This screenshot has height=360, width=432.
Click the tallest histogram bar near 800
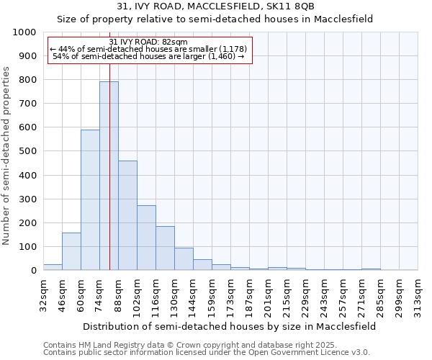point(109,176)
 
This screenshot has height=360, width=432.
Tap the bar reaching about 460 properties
point(127,215)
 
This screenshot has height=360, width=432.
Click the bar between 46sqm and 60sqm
point(71,251)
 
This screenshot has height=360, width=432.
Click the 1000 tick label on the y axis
point(24,32)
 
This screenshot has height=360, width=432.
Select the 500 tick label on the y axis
point(27,151)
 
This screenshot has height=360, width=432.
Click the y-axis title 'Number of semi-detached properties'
point(7,156)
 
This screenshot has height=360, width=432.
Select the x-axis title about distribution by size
point(230,326)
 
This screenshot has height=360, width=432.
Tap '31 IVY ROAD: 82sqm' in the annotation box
point(148,42)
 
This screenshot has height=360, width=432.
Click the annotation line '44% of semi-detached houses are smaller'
point(149,49)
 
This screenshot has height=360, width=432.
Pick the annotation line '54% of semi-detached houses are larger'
point(149,56)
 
